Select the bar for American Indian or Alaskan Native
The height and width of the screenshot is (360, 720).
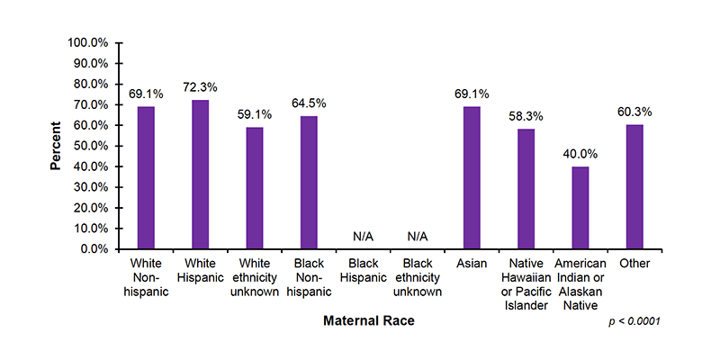580,207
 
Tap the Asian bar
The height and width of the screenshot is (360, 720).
472,177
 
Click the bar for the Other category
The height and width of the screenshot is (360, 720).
634,186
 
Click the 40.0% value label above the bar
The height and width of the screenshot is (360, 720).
580,153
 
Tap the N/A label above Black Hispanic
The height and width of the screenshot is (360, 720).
363,236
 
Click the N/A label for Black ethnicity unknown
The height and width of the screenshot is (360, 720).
418,236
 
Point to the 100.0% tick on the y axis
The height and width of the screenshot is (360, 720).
88,43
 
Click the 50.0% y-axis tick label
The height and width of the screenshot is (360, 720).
91,146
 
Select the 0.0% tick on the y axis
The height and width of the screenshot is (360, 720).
94,249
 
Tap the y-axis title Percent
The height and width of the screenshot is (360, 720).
56,146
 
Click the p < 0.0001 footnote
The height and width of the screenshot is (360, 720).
634,321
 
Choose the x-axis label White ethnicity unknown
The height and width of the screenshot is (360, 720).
255,277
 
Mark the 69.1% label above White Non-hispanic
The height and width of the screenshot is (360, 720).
146,93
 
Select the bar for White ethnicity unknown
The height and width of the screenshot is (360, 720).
255,188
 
